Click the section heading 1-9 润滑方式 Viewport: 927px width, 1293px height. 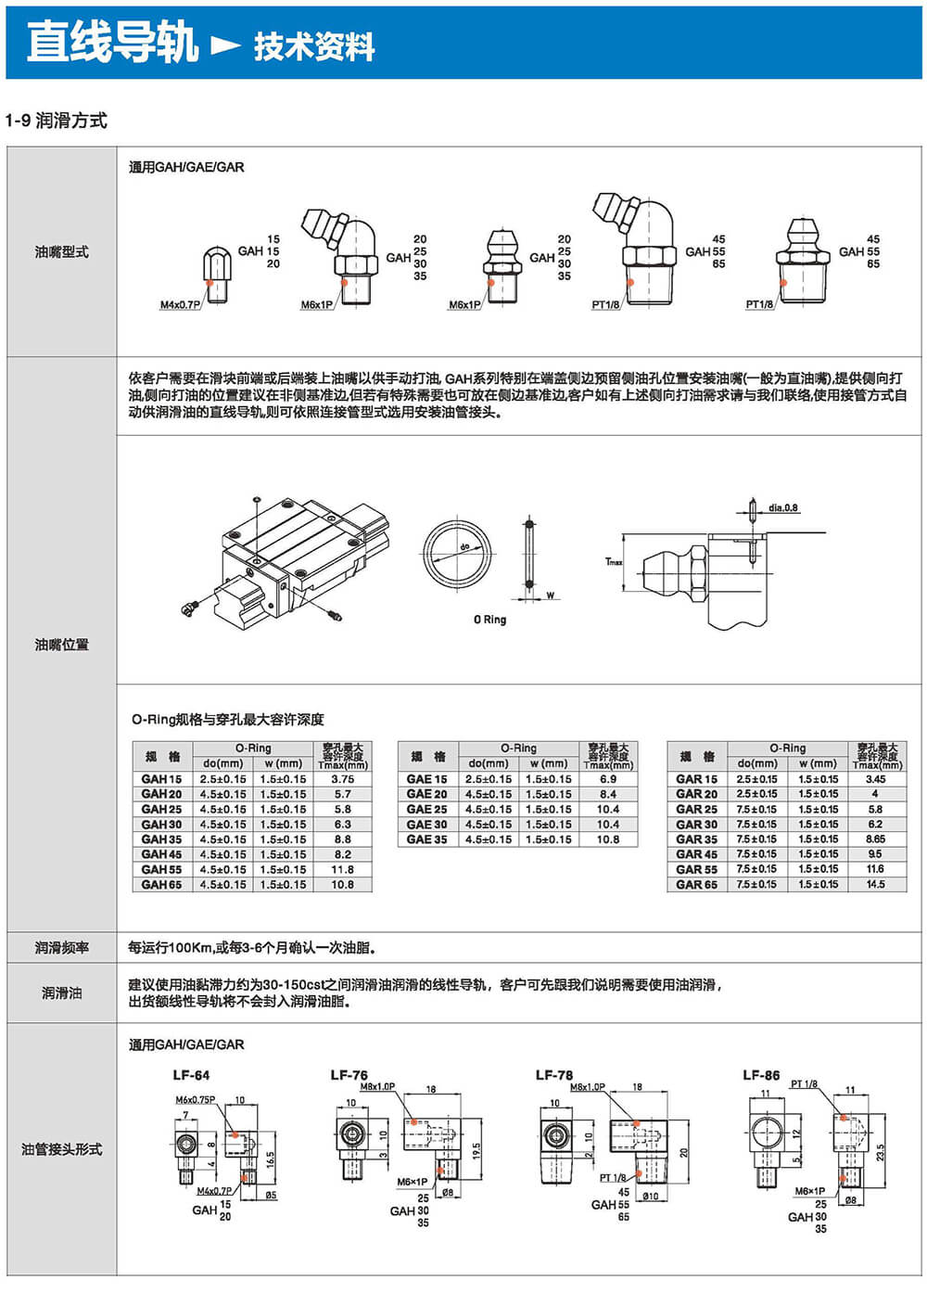click(57, 121)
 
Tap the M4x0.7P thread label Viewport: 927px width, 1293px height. click(180, 305)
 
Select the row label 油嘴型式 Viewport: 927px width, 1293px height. click(61, 251)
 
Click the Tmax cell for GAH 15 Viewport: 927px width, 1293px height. click(342, 779)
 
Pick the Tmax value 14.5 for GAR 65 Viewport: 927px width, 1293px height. click(875, 884)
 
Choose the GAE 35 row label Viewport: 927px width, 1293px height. click(426, 839)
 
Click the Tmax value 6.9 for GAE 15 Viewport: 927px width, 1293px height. click(607, 779)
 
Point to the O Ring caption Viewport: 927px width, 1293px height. click(489, 620)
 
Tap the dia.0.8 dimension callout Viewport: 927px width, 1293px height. click(782, 507)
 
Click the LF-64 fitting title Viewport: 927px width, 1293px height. click(191, 1075)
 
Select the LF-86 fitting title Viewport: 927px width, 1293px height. click(761, 1075)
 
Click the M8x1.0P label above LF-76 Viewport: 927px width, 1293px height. click(377, 1086)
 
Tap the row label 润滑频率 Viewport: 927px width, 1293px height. click(61, 947)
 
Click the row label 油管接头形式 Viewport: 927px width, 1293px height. click(61, 1149)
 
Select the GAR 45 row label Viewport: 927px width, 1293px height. click(696, 854)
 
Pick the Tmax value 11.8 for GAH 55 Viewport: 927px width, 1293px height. click(342, 869)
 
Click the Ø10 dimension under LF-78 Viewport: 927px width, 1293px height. click(650, 1196)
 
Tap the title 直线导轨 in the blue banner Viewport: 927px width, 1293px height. click(112, 43)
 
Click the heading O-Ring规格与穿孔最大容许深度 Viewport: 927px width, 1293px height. click(227, 720)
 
